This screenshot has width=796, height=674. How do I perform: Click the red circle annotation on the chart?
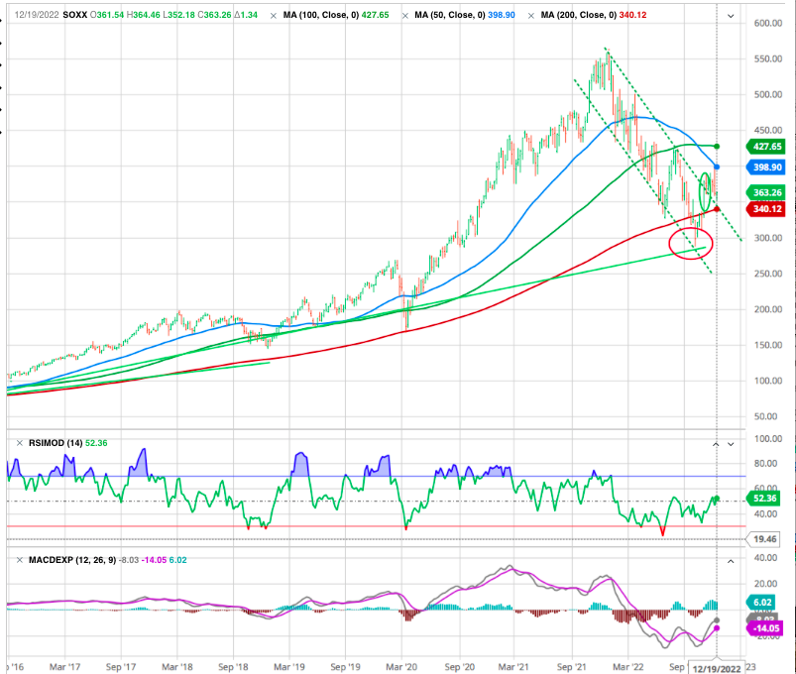coord(690,243)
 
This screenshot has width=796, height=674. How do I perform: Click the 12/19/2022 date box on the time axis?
coord(717,667)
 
